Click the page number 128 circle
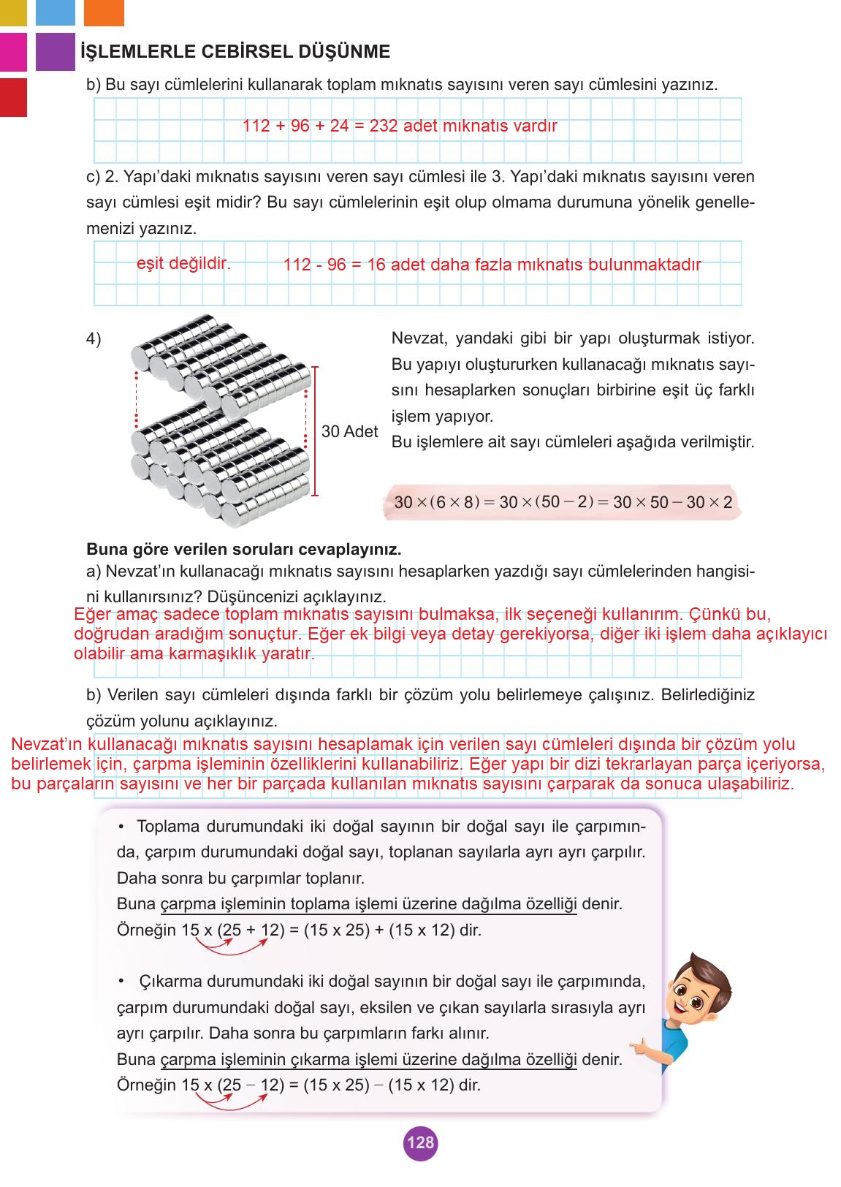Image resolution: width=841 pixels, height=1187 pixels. click(x=420, y=1142)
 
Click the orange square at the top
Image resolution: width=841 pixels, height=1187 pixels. click(x=104, y=12)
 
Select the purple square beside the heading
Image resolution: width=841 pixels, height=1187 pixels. click(x=55, y=52)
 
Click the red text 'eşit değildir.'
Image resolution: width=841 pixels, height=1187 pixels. click(x=183, y=263)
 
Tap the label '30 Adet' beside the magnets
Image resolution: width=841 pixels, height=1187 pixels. click(x=350, y=431)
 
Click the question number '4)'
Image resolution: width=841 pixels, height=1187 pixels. click(x=94, y=339)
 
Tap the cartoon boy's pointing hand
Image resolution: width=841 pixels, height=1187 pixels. click(x=643, y=1050)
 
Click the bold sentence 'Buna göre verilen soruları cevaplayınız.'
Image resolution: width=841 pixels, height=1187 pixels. click(x=244, y=548)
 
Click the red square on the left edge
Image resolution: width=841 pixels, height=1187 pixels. click(x=13, y=97)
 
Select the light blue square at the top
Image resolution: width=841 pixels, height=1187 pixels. click(x=55, y=12)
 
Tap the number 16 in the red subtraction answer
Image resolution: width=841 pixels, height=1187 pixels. click(x=376, y=265)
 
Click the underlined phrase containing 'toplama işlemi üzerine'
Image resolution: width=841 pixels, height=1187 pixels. click(x=369, y=904)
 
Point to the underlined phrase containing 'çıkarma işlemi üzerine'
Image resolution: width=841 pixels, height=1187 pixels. click(x=369, y=1059)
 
